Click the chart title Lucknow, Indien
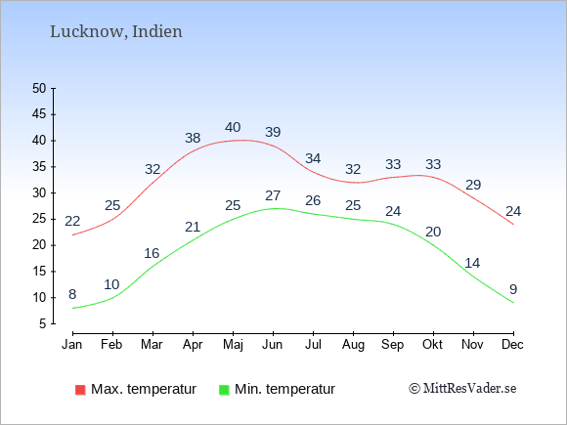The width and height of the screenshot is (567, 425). pos(116,32)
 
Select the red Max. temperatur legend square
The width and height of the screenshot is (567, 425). pos(80,390)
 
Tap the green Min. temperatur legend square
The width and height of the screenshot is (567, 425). pos(224,390)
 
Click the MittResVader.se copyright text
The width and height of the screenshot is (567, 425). pos(462,389)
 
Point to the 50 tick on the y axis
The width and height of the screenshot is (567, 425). pos(39,88)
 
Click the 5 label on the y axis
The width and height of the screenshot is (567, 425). pos(43,323)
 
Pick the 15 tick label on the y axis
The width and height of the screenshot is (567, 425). pos(39,272)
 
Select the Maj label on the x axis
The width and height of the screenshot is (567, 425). pos(233,345)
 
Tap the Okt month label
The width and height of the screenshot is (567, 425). pos(432,345)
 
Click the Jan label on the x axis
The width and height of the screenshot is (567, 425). pos(72,345)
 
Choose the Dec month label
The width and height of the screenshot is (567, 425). pos(512,345)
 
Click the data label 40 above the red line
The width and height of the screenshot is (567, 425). pos(233,127)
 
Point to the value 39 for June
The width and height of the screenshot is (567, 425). pos(273,132)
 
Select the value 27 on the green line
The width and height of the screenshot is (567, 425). pos(273,195)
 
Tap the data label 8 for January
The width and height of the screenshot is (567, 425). pos(72,294)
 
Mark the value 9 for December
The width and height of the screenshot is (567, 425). pos(513,289)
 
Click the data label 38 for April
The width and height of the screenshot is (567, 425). pos(193,138)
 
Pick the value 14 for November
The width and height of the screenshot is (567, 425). pos(472,263)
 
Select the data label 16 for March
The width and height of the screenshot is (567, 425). pos(152,253)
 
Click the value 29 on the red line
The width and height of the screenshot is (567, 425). pos(473,185)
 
